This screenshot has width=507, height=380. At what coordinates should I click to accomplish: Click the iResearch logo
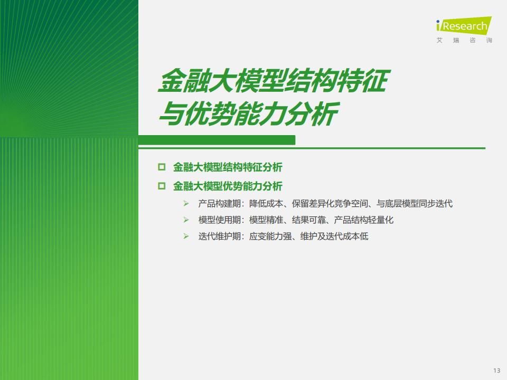(x=464, y=25)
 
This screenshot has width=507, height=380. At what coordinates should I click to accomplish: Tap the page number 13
(x=496, y=370)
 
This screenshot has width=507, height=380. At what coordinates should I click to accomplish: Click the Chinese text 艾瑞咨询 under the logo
(x=464, y=41)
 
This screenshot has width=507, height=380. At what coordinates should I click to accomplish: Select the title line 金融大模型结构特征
(x=274, y=80)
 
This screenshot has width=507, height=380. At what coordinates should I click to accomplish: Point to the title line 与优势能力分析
(x=248, y=114)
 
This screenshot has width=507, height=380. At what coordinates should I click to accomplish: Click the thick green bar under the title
(x=217, y=140)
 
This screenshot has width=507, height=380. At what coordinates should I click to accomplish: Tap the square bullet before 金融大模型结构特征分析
(x=162, y=167)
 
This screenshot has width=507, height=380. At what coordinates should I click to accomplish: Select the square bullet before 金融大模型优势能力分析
(x=162, y=186)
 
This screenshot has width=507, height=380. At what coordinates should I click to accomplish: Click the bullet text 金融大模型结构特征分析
(x=228, y=167)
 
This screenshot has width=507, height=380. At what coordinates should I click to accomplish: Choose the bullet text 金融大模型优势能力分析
(x=228, y=186)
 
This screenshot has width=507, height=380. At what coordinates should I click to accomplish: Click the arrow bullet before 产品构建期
(x=186, y=204)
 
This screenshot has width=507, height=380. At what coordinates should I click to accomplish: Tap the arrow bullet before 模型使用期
(x=186, y=220)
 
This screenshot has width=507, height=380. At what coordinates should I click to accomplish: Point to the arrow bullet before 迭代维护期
(x=186, y=236)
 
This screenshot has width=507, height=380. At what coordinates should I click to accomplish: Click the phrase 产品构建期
(x=219, y=204)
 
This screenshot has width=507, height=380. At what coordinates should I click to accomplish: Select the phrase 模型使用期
(x=219, y=220)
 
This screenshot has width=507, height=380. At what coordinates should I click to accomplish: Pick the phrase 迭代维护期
(x=219, y=236)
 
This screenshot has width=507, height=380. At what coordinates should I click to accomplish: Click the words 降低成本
(x=266, y=204)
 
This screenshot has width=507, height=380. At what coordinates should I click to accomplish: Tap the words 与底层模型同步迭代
(x=415, y=204)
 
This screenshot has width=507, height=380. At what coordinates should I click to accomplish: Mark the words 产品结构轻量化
(x=364, y=220)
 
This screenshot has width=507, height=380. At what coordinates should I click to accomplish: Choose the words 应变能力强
(x=270, y=236)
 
